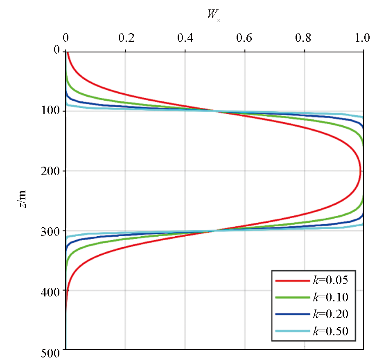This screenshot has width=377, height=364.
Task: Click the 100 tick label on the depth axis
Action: [52, 111]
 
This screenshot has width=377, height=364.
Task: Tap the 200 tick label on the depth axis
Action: [52, 171]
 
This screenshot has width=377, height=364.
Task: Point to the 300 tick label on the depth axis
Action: [52, 231]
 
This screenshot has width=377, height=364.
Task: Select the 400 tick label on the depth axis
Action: [52, 290]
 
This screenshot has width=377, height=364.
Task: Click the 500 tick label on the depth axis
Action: [52, 350]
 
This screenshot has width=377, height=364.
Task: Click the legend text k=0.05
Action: [330, 280]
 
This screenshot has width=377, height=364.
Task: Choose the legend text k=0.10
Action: [330, 297]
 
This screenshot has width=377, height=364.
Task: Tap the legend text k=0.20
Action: [330, 314]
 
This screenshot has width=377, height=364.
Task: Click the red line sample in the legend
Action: [292, 281]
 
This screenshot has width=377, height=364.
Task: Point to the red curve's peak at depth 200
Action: [360, 171]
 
